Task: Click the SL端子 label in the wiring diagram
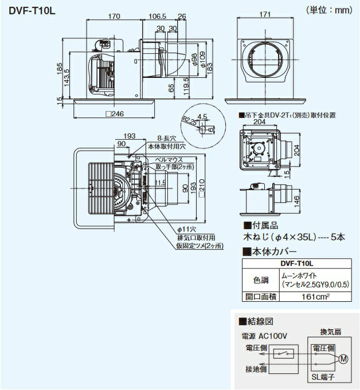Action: (x=322, y=377)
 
